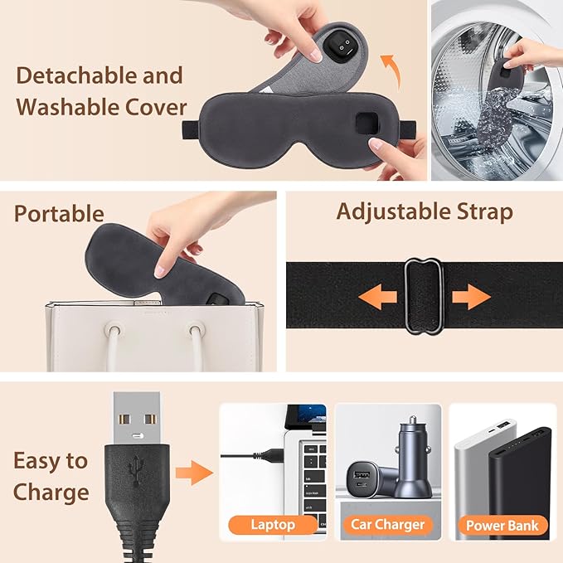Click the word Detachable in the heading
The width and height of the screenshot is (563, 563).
tap(77, 75)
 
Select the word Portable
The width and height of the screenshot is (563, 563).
tap(59, 214)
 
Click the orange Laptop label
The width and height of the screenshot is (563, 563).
tap(273, 525)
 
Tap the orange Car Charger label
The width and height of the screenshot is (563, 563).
tap(388, 525)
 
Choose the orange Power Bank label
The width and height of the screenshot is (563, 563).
tap(502, 526)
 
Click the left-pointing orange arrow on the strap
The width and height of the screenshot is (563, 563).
tap(378, 297)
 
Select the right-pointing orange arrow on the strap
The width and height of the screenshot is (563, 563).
tap(471, 297)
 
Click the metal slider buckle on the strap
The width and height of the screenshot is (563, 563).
tap(424, 296)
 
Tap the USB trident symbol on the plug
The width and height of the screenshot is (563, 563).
tap(137, 470)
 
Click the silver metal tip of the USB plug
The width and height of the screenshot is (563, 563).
tap(137, 418)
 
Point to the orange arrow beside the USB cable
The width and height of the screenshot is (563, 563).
tap(194, 473)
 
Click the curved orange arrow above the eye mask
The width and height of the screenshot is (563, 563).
tap(391, 70)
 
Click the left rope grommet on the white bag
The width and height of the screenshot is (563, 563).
tap(114, 330)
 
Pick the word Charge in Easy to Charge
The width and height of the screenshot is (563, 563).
tap(51, 493)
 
